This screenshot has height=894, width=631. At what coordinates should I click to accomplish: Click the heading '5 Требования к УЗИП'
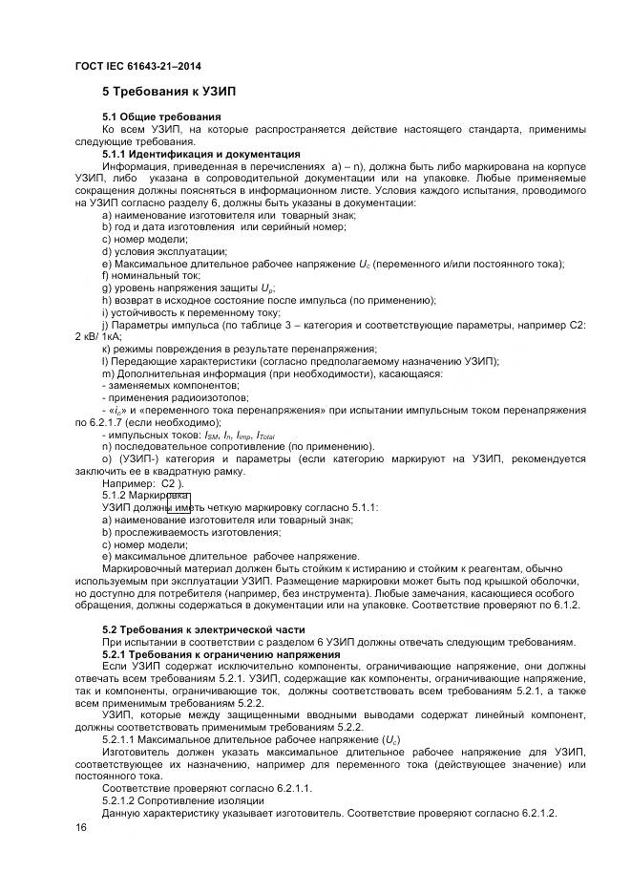(x=169, y=92)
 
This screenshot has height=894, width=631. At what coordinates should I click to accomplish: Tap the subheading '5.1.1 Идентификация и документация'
(x=201, y=153)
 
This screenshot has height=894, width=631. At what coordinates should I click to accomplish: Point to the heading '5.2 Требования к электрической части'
(x=203, y=629)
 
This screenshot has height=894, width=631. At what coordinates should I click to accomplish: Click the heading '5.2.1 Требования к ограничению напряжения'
(x=221, y=654)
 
